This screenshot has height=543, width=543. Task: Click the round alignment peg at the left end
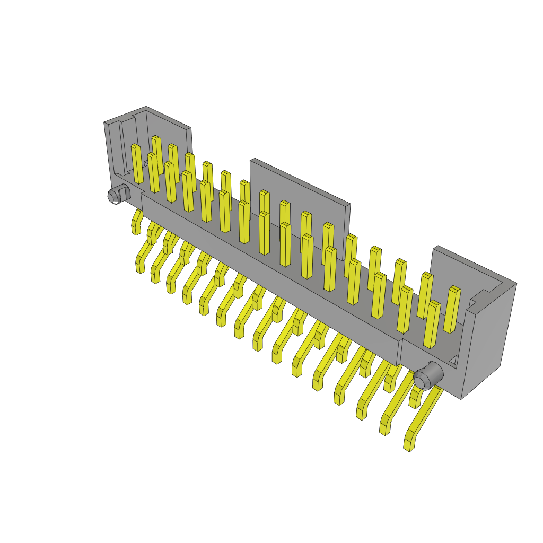[x=113, y=197]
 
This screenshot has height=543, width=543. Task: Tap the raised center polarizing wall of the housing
[x=300, y=191]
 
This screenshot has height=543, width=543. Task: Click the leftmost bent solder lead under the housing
[x=136, y=221]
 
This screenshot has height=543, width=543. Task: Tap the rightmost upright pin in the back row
[x=452, y=310]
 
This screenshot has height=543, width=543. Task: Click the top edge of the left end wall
[x=125, y=114]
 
